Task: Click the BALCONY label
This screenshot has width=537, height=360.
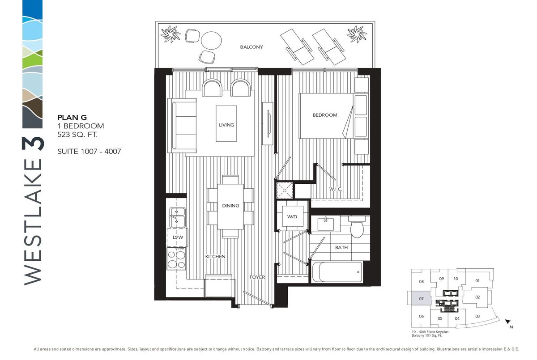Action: point(251,47)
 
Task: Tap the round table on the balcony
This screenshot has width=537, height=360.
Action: point(211,41)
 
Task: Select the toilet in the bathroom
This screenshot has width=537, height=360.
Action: point(357,227)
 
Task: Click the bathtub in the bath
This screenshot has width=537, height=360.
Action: point(337,272)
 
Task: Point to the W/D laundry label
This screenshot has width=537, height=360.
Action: point(292,217)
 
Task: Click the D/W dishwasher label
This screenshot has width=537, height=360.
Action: point(178,237)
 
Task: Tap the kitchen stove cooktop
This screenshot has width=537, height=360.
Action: point(176,258)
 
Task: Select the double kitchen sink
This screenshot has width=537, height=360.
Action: point(177,217)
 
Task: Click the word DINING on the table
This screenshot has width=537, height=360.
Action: point(230,206)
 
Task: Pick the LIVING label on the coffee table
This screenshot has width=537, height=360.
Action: point(226,125)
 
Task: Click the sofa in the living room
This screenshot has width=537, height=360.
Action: point(182,125)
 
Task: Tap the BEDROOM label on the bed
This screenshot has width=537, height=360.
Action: point(325,115)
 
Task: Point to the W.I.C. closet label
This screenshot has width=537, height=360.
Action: point(336,189)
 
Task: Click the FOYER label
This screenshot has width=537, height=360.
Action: point(257,277)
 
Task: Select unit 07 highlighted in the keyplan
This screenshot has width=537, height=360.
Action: point(421,299)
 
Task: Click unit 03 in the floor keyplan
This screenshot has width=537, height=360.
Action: point(477,316)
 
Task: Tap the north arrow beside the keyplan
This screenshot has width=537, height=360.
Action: point(508,321)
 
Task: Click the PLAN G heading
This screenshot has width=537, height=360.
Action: point(72,117)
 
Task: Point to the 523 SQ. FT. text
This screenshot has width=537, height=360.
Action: point(77,135)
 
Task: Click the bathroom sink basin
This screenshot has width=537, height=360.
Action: point(326,224)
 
